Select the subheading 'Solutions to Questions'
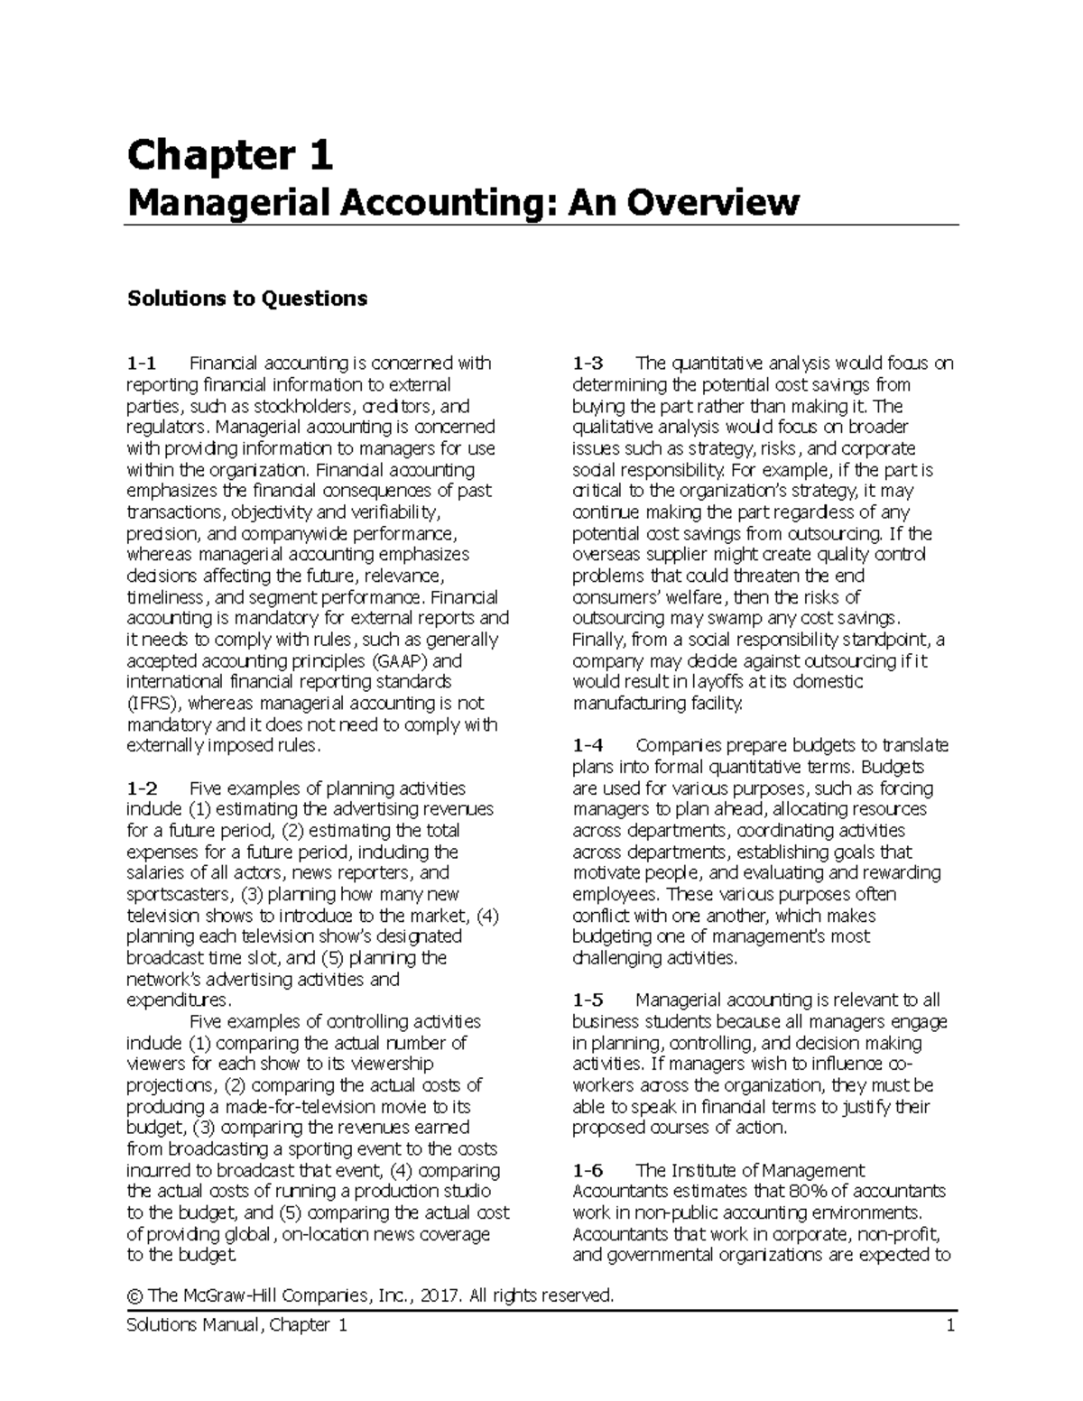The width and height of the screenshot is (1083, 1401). [x=247, y=299]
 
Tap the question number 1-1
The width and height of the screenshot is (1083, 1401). [x=142, y=364]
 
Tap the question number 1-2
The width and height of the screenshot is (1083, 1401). [x=142, y=788]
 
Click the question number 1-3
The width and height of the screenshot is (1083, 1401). [x=588, y=364]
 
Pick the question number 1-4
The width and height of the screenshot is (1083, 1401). [x=588, y=746]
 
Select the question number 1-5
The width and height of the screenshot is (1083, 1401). [x=588, y=1000]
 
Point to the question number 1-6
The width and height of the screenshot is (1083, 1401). [x=588, y=1171]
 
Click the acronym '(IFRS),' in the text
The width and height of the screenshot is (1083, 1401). [x=156, y=704]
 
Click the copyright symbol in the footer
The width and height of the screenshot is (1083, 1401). [x=136, y=1296]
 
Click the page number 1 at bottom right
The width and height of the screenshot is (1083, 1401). [x=950, y=1326]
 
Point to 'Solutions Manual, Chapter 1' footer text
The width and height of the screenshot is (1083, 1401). [x=237, y=1326]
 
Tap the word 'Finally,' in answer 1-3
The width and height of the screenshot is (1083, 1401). [x=601, y=641]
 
